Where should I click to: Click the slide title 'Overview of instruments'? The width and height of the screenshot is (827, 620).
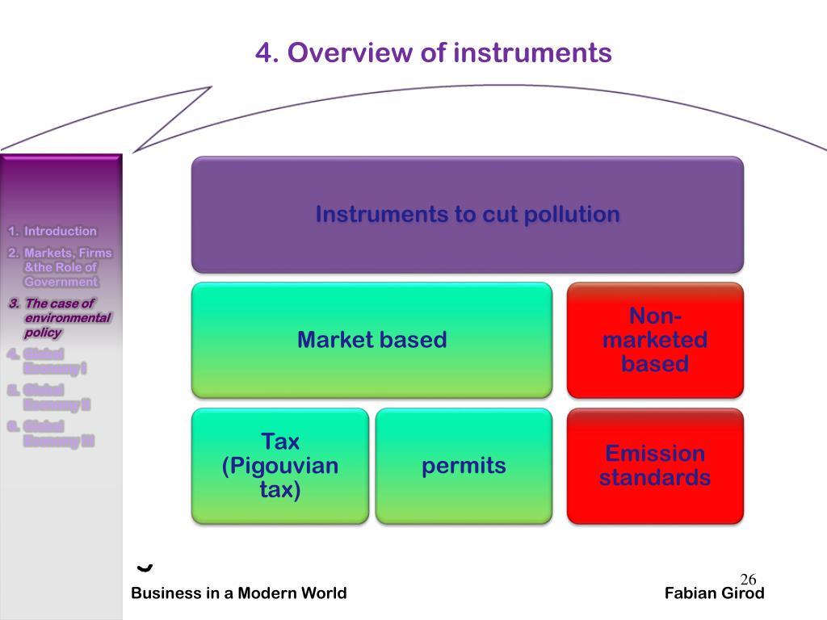[x=434, y=53]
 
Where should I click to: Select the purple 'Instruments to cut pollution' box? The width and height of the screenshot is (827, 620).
[x=467, y=215]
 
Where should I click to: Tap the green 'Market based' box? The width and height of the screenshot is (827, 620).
[x=372, y=340]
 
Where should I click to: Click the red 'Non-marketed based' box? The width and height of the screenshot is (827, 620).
[x=655, y=340]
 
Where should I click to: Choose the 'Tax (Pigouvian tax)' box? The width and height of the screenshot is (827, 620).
[x=280, y=466]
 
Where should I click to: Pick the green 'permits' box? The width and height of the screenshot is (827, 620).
[x=464, y=466]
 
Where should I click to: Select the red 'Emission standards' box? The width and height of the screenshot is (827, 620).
[x=655, y=466]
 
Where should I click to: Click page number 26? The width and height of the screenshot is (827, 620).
[x=748, y=579]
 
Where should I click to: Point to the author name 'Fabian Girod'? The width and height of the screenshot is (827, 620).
[x=714, y=593]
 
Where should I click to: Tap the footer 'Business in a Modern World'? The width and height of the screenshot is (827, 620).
[x=239, y=593]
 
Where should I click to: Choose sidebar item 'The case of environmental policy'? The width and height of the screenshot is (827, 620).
[x=63, y=318]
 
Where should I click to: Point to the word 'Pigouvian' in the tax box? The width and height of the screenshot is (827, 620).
[x=280, y=466]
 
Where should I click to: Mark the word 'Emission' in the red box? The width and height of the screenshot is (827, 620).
[x=655, y=454]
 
